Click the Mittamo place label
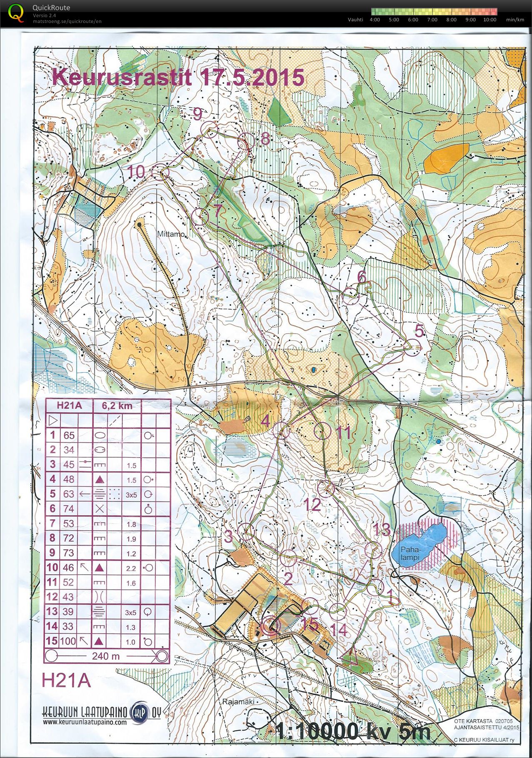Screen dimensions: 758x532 tap(170, 234)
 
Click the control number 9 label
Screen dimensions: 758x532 tap(197, 114)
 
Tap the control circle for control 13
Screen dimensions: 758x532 tap(373, 550)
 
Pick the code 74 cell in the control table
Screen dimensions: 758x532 tap(69, 509)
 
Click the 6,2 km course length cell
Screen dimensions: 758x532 tap(117, 406)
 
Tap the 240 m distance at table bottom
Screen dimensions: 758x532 tap(106, 656)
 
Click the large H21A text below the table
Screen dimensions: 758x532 tap(66, 681)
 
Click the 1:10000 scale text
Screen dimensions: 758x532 tap(317, 732)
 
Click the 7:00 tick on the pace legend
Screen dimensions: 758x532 tap(432, 20)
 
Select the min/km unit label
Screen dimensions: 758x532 tap(515, 20)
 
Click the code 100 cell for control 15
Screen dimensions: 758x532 tap(68, 641)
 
